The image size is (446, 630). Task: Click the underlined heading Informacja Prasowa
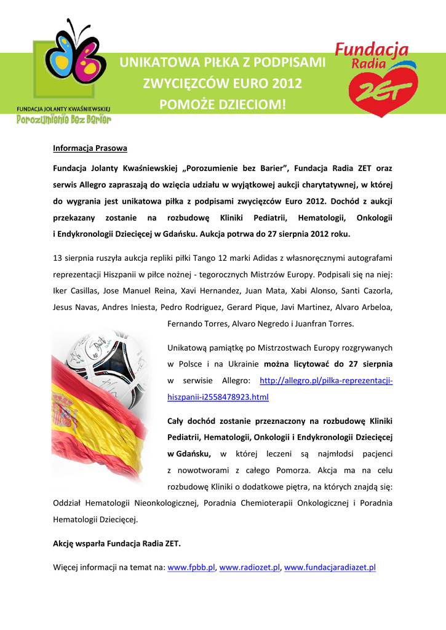point(90,148)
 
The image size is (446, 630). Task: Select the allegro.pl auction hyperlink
point(326,381)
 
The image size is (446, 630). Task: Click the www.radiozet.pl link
point(249,567)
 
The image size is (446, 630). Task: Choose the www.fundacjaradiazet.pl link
point(329,567)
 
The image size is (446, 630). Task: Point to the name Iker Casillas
point(75,290)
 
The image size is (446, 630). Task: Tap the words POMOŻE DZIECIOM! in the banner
point(223,105)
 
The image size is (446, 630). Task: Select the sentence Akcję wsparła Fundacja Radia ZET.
point(117,544)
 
